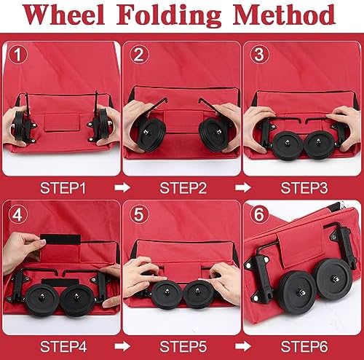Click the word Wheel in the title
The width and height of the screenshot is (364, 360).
tap(63, 15)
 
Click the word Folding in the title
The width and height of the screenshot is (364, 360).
tap(169, 16)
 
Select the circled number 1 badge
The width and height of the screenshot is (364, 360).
tap(18, 55)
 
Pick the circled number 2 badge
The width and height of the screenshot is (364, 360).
tap(139, 55)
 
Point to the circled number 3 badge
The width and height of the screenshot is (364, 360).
tap(259, 55)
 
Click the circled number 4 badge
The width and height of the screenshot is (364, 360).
tap(18, 214)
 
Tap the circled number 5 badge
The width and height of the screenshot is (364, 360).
tap(139, 214)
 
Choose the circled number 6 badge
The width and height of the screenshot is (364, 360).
tap(259, 214)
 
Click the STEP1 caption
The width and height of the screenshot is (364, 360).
tap(63, 188)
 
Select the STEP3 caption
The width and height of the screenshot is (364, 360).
tap(304, 188)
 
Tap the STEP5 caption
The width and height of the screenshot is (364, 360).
tap(183, 346)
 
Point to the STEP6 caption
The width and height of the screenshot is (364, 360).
tap(304, 346)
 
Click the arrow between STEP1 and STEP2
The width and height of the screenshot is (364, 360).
tap(122, 188)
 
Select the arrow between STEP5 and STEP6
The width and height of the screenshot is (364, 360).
tap(243, 346)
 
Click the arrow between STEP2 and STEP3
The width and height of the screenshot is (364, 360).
tap(243, 188)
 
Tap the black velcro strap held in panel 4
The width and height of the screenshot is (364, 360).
tap(60, 240)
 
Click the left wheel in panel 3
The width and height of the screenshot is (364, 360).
tap(288, 145)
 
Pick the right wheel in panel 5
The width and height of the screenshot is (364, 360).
tap(198, 294)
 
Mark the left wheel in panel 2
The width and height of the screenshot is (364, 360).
tap(151, 135)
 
